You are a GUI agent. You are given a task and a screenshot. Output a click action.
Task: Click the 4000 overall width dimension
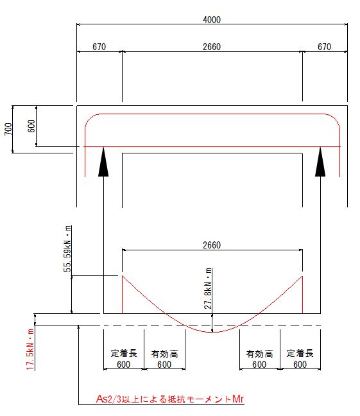tap(212, 20)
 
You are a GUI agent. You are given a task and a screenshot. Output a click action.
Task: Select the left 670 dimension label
tap(99, 47)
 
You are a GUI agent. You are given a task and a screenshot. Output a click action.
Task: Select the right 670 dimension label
tap(325, 47)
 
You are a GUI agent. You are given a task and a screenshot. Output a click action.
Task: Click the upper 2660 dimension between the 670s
tap(212, 47)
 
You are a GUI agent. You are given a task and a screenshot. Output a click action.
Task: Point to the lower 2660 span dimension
tap(212, 245)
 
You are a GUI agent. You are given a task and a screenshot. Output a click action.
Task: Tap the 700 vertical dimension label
tap(8, 129)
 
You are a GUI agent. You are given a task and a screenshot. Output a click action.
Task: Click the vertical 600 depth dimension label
tap(31, 126)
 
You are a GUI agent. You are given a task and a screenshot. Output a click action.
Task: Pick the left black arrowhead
tap(103, 162)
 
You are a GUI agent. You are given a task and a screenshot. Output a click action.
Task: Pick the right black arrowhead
tap(320, 162)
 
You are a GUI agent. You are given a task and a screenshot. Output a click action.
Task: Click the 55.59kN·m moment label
tap(67, 248)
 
